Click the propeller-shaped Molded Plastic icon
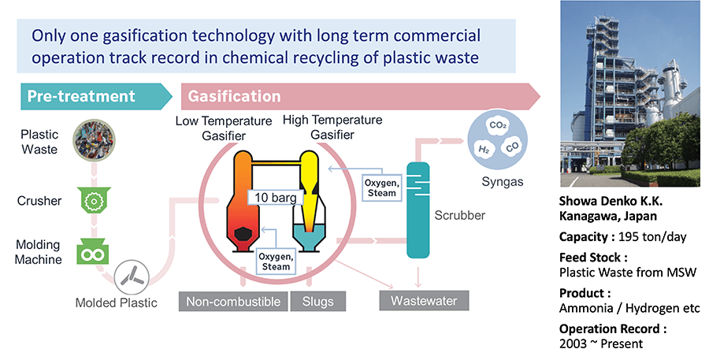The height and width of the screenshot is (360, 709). coord(131,277)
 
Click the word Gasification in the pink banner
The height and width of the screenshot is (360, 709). coord(234,97)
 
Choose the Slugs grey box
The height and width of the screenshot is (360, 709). coord(317,301)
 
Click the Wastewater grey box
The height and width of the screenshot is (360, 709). coord(423,300)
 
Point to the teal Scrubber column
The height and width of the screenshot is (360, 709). coord(418,209)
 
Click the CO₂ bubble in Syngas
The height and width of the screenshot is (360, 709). coord(497,124)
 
